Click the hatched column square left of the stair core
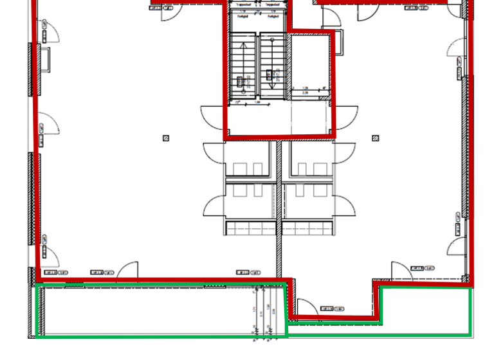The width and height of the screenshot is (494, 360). pyautogui.click(x=166, y=138)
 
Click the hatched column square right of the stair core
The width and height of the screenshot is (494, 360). pyautogui.click(x=376, y=138)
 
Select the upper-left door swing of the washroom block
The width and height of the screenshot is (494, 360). pyautogui.click(x=214, y=154)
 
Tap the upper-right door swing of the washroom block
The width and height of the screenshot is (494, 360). pyautogui.click(x=345, y=154)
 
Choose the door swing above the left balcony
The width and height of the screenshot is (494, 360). pyautogui.click(x=129, y=270)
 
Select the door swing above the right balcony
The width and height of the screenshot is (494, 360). pyautogui.click(x=400, y=270)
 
